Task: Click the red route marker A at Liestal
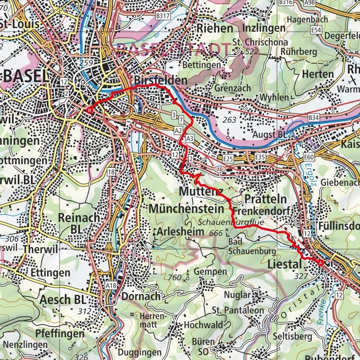[321, 263]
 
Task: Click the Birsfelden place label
[161, 80]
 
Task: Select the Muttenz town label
[200, 191]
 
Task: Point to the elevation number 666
[216, 233]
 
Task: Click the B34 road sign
[314, 117]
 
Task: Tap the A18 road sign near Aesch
[111, 285]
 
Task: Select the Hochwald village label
[203, 325]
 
